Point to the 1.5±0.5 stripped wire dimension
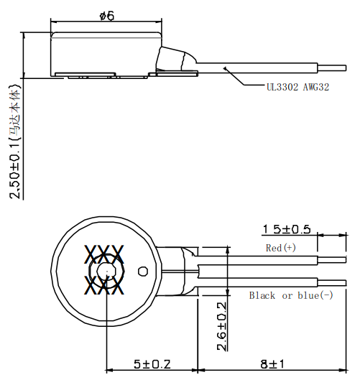click(286, 229)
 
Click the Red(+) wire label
click(280, 248)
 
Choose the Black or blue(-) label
click(291, 295)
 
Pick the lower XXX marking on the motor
click(105, 285)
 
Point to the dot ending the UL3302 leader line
click(227, 69)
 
